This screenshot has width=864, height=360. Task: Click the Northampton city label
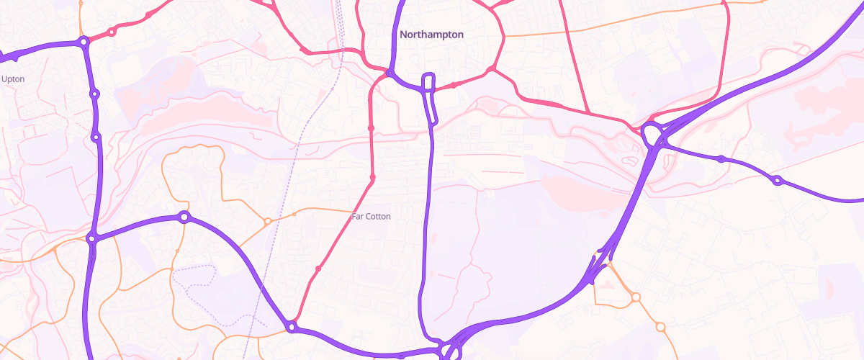[x=431, y=34]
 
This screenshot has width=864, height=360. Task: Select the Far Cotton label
[x=371, y=216]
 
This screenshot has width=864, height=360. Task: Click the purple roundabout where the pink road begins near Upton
[x=84, y=42]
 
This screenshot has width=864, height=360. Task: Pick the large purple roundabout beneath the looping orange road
[x=184, y=217]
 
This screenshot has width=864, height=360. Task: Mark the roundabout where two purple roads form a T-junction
[x=91, y=238]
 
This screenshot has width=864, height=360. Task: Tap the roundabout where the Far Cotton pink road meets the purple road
[x=292, y=327]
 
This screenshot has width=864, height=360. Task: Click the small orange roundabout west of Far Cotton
[x=267, y=221]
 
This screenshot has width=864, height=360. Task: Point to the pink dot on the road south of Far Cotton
[x=318, y=269]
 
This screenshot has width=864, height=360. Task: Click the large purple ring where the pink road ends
[x=652, y=134]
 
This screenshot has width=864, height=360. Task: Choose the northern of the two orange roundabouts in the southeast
[x=636, y=296]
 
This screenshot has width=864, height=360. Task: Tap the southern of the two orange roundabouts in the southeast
[x=660, y=327]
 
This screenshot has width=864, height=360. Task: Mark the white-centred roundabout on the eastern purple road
[x=777, y=180]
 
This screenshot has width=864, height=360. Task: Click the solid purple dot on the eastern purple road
[x=721, y=158]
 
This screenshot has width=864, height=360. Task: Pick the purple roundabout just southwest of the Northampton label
[x=390, y=73]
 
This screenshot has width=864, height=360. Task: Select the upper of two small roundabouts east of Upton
[x=94, y=94]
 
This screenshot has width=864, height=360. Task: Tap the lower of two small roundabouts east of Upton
[x=96, y=137]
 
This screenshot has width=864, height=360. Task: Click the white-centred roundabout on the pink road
[x=112, y=32]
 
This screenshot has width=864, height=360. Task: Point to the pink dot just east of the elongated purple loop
[x=454, y=84]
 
